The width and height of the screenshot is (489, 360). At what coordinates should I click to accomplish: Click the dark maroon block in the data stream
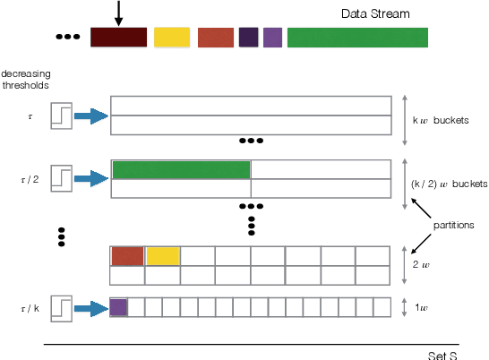pyautogui.click(x=118, y=37)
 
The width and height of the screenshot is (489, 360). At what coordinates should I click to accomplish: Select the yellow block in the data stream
pyautogui.click(x=171, y=37)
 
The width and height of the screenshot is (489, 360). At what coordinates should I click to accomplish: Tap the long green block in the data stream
pyautogui.click(x=357, y=37)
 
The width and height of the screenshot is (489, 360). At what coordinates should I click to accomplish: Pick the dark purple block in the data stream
pyautogui.click(x=248, y=37)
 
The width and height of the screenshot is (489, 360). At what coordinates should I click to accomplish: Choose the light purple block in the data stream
pyautogui.click(x=272, y=37)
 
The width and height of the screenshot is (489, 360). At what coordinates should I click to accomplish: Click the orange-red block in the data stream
pyautogui.click(x=216, y=37)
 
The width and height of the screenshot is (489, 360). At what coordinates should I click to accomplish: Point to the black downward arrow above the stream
pyautogui.click(x=118, y=13)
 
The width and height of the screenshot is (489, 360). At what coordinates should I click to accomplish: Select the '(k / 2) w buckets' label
pyautogui.click(x=449, y=184)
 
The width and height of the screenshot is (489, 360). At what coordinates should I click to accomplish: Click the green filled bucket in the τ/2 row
pyautogui.click(x=181, y=169)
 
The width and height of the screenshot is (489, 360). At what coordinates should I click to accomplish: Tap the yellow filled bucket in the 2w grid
pyautogui.click(x=162, y=255)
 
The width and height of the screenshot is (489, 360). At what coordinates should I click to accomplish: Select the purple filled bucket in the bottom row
pyautogui.click(x=118, y=307)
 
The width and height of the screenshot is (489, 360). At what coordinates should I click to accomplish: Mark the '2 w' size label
pyautogui.click(x=420, y=265)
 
